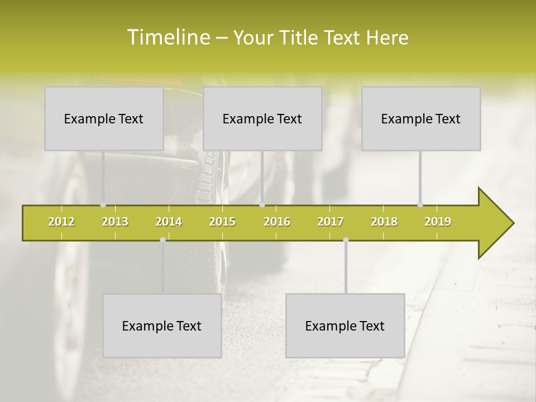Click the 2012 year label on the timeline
pyautogui.click(x=61, y=222)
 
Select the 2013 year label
pyautogui.click(x=115, y=222)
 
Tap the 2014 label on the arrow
pyautogui.click(x=169, y=222)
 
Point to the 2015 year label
pyautogui.click(x=222, y=222)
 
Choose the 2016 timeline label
pyautogui.click(x=277, y=222)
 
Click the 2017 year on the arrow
pyautogui.click(x=331, y=222)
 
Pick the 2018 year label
pyautogui.click(x=384, y=222)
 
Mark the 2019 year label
pyautogui.click(x=438, y=222)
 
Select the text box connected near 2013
pyautogui.click(x=104, y=118)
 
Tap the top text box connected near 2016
pyautogui.click(x=262, y=118)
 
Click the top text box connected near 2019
pyautogui.click(x=421, y=118)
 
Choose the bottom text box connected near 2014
pyautogui.click(x=162, y=326)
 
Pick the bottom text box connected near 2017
pyautogui.click(x=345, y=326)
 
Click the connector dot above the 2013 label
pyautogui.click(x=103, y=205)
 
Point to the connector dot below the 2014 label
pyautogui.click(x=162, y=240)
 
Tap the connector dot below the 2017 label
pyautogui.click(x=346, y=240)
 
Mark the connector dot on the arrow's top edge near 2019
pyautogui.click(x=420, y=205)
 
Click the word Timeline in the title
pyautogui.click(x=168, y=37)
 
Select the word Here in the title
pyautogui.click(x=387, y=37)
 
